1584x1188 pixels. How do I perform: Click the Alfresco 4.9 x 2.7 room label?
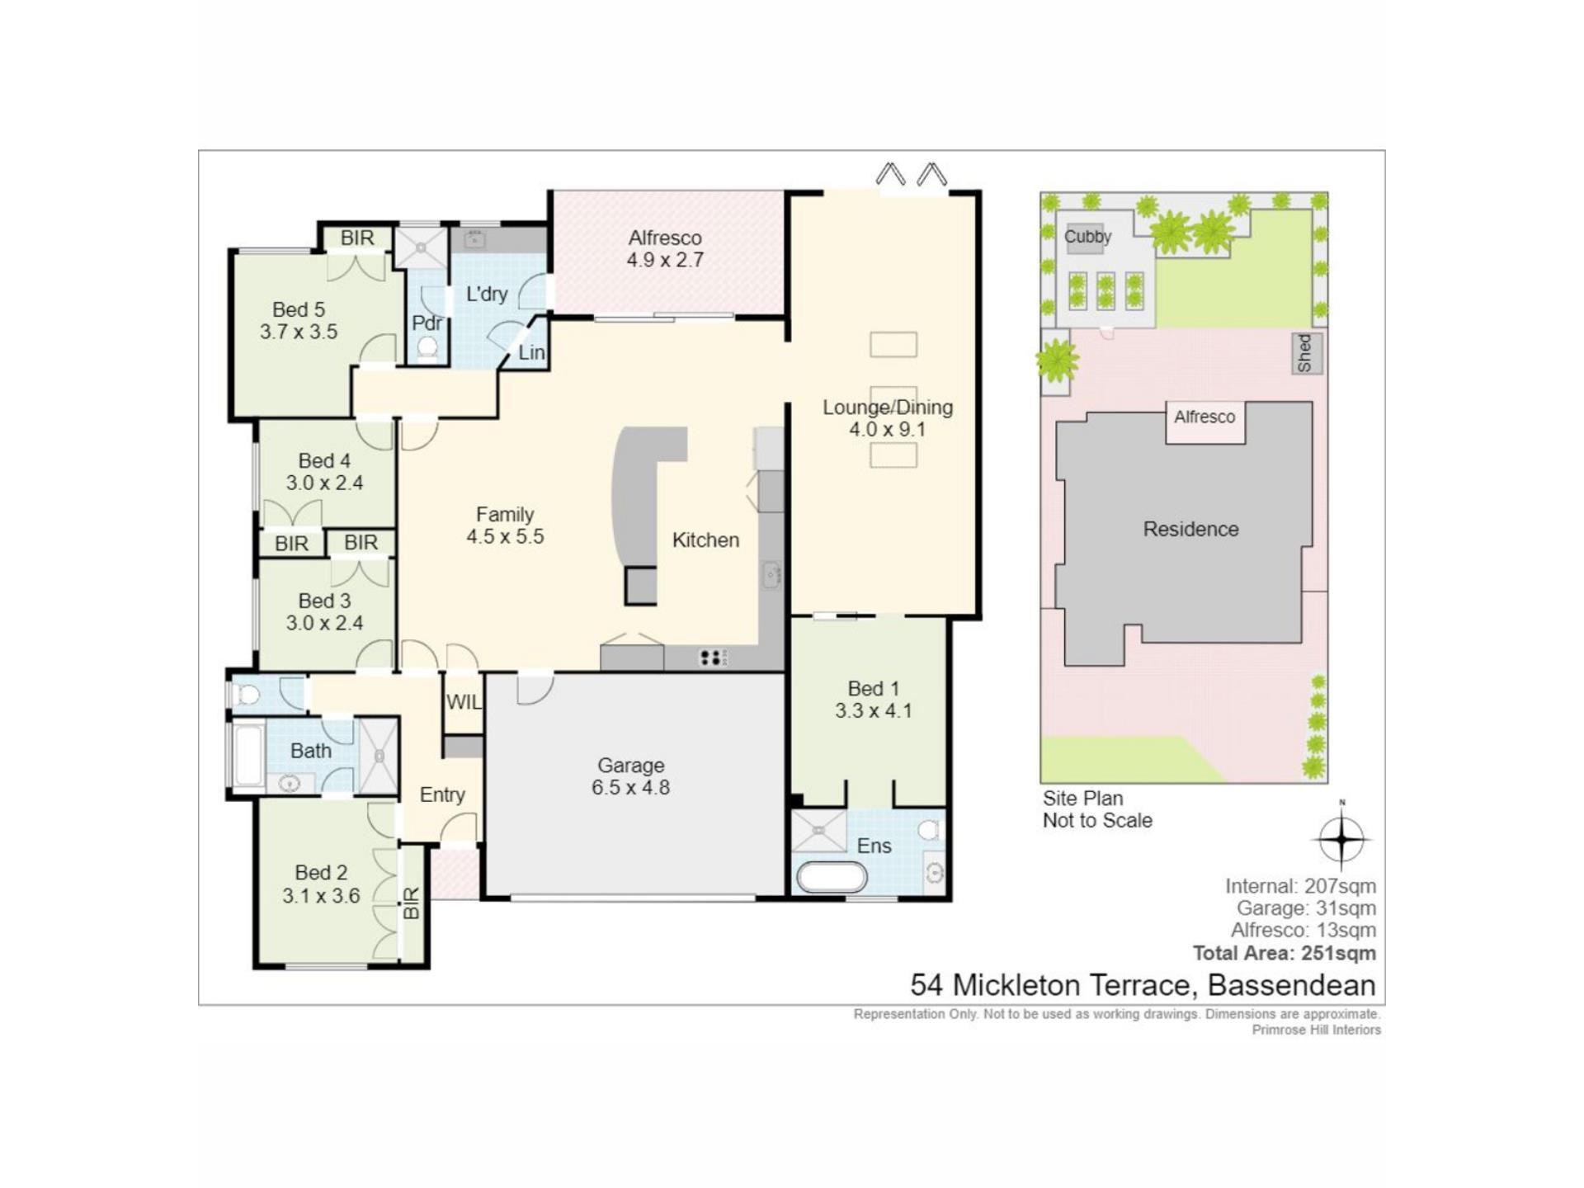pos(665,249)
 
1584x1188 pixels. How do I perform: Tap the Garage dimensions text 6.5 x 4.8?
pos(630,787)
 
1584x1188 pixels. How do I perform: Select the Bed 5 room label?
pos(299,309)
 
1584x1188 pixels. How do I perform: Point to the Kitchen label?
pos(705,540)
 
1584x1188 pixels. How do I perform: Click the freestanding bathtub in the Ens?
pos(832,877)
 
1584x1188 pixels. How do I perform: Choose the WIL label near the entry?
pos(464,702)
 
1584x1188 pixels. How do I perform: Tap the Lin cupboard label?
pos(531,352)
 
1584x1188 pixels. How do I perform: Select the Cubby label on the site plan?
pos(1087,237)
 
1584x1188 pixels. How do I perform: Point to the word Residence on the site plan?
pos(1190,529)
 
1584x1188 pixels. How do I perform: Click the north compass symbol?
pos(1341,839)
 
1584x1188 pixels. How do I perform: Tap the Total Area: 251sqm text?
pos(1284,953)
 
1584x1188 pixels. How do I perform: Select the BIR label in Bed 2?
pos(412,903)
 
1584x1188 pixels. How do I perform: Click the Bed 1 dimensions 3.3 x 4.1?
pos(873,710)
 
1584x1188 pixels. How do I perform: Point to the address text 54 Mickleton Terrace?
pos(1053,985)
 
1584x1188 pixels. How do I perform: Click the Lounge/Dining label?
pos(888,407)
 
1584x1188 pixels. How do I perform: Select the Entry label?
pos(442,794)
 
